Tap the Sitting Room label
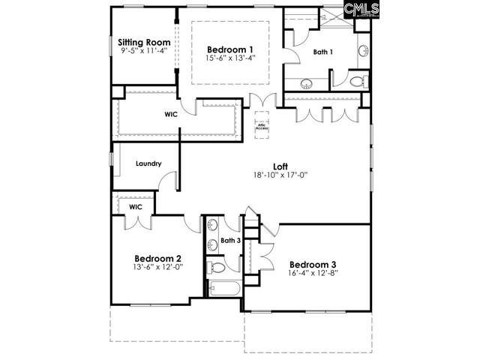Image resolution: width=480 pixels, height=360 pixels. tap(144, 42)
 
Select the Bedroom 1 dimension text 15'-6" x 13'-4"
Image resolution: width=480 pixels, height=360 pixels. tap(231, 57)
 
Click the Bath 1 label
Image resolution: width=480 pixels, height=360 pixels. tap(324, 52)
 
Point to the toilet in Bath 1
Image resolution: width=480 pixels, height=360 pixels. tap(355, 80)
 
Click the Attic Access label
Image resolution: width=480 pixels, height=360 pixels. tap(261, 127)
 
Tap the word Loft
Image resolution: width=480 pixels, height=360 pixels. tap(280, 166)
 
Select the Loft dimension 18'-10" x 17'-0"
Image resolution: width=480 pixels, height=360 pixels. tap(281, 175)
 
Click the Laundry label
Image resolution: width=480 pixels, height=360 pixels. tap(149, 163)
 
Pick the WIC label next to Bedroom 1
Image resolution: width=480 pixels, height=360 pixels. tap(171, 115)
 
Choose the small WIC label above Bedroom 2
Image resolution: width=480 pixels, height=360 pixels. tap(135, 206)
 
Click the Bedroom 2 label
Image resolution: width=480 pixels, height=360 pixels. tap(157, 259)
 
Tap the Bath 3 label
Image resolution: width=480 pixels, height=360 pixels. tap(230, 241)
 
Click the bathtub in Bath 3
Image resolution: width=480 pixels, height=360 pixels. tap(223, 291)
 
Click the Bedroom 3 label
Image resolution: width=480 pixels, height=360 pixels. tap(313, 264)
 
